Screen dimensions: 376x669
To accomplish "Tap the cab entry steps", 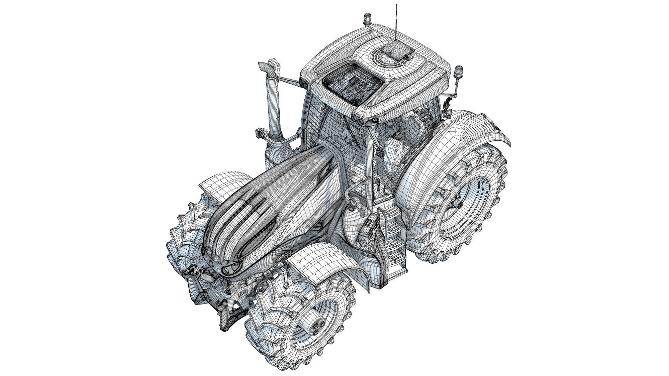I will pos(395,234).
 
